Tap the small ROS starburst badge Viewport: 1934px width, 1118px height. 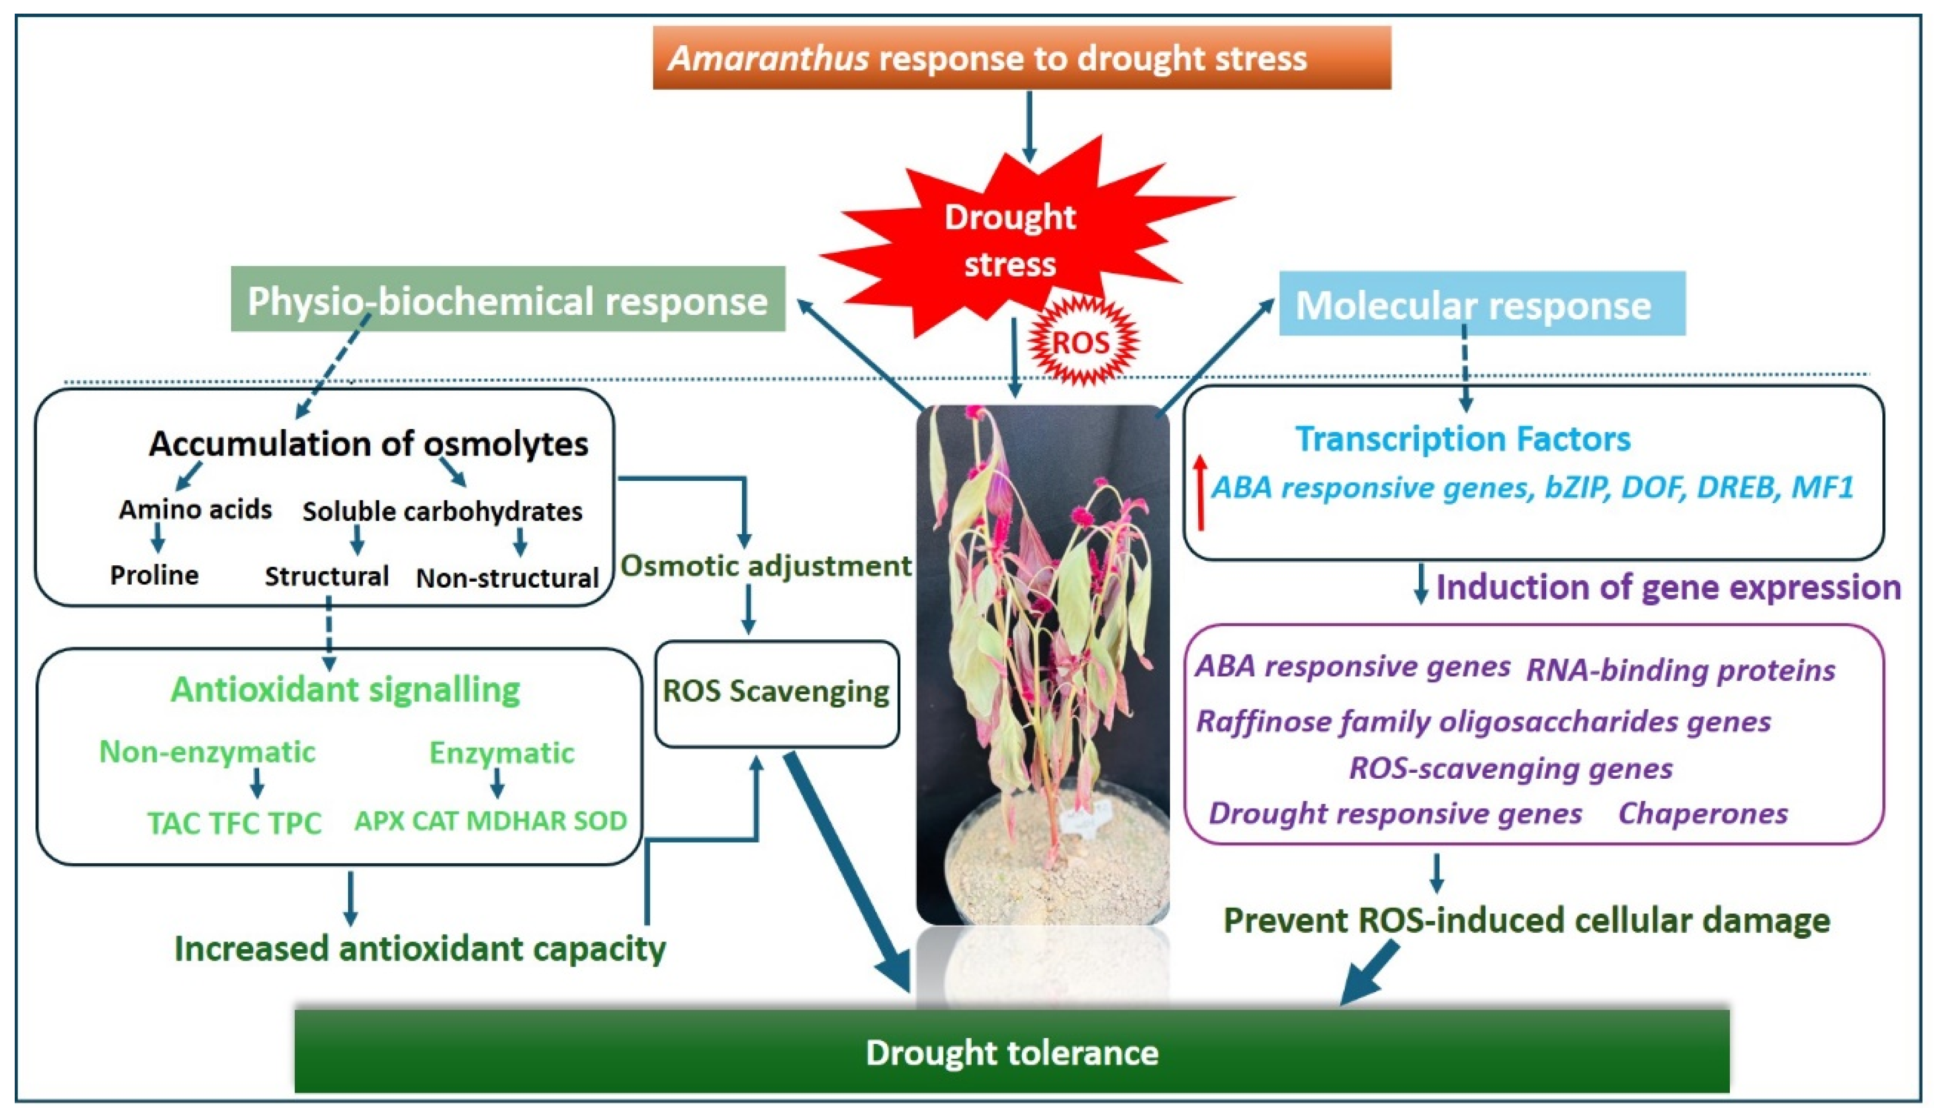(1081, 341)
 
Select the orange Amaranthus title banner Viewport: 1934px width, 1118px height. (1022, 58)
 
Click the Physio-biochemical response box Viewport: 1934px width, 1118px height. (508, 300)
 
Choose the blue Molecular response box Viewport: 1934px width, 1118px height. (1481, 304)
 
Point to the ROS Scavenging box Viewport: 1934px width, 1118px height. (776, 692)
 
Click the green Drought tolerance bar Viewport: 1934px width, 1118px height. (1011, 1051)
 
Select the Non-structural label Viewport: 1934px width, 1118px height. (507, 578)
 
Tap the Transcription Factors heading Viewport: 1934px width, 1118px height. (1463, 439)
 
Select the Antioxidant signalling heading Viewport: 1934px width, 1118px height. (345, 689)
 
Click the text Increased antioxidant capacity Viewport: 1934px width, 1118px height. (420, 949)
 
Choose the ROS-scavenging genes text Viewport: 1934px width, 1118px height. (1510, 768)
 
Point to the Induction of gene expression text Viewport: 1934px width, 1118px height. (1668, 588)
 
